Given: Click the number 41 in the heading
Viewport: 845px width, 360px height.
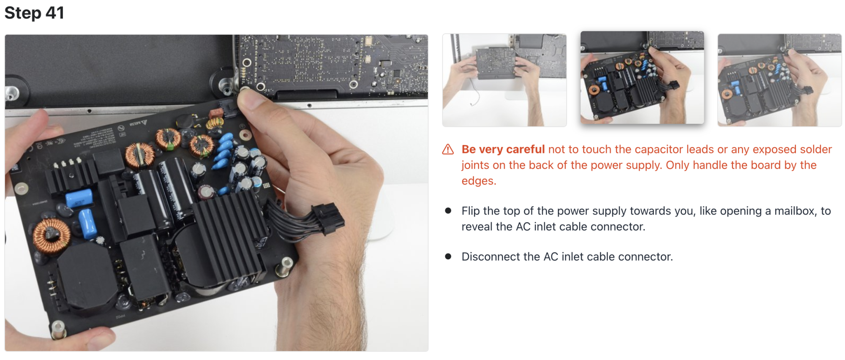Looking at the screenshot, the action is coord(55,13).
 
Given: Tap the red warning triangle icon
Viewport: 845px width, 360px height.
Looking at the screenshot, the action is coord(448,150).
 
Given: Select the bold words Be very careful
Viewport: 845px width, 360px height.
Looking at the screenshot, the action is coord(503,149).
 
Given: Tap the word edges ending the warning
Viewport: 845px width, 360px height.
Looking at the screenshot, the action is coord(479,181).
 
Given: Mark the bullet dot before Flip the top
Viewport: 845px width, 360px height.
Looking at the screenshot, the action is coord(448,210).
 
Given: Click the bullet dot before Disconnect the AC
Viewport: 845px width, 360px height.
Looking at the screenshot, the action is coord(448,256).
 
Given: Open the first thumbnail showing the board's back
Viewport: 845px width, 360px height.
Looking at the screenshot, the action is coord(504,80).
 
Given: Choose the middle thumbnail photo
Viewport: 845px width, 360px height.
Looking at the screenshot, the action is coord(642,78).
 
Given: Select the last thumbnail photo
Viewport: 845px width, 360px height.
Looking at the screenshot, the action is coord(780,80).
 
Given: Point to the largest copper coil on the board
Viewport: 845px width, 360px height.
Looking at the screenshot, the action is coord(52,235).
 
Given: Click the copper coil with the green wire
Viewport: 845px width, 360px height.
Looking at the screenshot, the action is coord(168,138).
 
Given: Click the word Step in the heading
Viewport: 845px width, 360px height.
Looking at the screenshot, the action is coord(23,13).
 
